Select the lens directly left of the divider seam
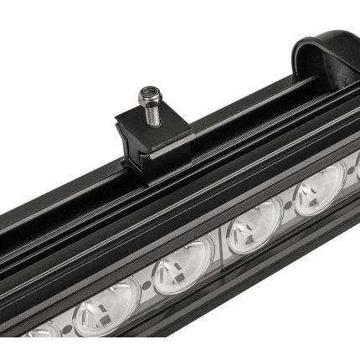click(183, 265)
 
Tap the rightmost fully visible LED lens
click(319, 192)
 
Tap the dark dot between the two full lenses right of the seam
click(287, 208)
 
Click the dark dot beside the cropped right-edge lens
click(344, 177)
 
